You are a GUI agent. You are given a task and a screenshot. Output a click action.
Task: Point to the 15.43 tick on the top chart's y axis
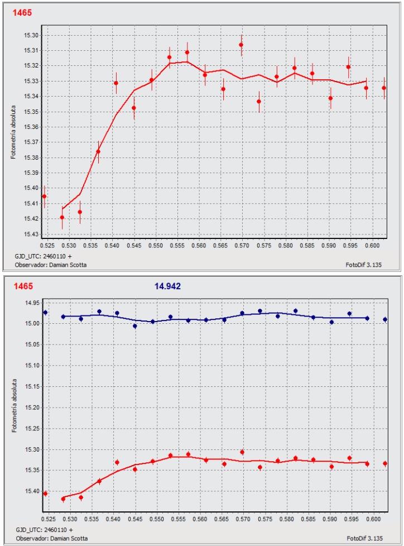pos(31,234)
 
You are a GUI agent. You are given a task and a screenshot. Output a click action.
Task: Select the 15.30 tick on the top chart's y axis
pos(31,35)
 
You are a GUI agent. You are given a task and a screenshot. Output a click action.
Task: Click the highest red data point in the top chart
pos(241,45)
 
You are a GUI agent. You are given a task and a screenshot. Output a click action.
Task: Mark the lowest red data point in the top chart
pos(62,217)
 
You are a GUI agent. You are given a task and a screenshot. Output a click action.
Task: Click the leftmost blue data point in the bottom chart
pos(45,313)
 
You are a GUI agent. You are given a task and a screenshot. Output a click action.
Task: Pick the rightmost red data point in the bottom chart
pos(384,463)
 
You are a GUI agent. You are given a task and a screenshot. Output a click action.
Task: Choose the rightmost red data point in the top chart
pos(384,88)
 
